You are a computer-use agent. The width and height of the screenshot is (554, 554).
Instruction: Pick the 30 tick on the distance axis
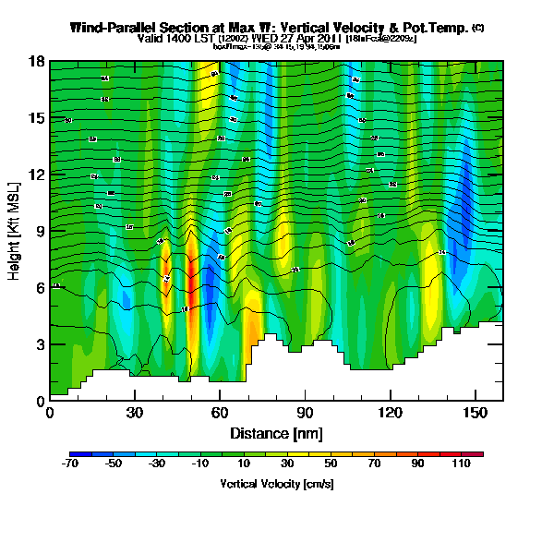(135, 411)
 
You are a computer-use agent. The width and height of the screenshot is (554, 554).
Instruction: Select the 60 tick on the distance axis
(220, 411)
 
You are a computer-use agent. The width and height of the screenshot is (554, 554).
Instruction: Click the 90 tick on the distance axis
(305, 411)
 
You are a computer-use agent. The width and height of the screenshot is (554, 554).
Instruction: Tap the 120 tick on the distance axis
(390, 411)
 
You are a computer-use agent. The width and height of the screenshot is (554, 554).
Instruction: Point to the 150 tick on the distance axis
(475, 411)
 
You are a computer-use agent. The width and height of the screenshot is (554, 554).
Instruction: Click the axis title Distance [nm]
(276, 432)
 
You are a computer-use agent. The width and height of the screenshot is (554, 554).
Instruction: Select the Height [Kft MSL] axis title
(16, 231)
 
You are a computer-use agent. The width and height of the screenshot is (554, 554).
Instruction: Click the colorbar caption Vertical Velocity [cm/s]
(276, 483)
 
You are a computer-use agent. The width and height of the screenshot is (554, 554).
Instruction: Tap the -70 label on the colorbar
(70, 464)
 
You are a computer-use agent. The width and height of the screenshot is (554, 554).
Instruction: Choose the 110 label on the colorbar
(461, 464)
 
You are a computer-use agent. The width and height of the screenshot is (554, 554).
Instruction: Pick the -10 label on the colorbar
(200, 464)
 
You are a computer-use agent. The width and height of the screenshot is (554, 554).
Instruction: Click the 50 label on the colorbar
(331, 464)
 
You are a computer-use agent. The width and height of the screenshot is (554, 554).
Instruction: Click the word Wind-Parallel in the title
(114, 29)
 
